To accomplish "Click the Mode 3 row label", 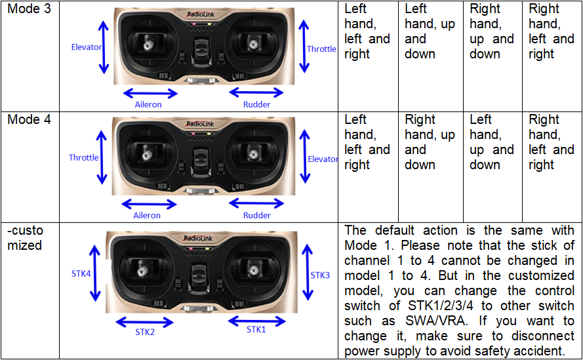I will coord(28,10).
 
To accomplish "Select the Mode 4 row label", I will coord(28,120).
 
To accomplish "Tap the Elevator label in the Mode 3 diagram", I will coord(87,47).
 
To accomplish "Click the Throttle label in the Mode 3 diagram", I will coord(321,49).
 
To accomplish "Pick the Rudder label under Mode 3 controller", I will coord(256,104).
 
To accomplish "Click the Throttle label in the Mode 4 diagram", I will coord(84,157).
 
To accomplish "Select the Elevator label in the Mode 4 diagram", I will coord(323,159).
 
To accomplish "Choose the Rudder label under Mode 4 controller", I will coord(256,215).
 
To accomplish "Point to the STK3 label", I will coord(320,275).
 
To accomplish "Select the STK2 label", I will coord(144,332).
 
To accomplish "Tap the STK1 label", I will coord(256,329).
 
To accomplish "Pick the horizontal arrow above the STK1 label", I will coord(256,321).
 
